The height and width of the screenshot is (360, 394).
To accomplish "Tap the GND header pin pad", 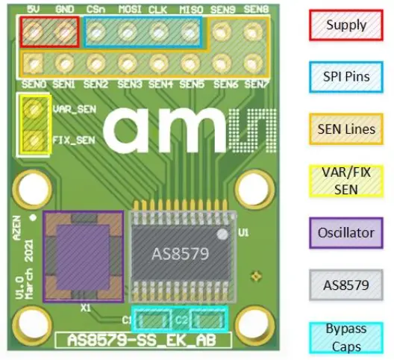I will pos(65,31).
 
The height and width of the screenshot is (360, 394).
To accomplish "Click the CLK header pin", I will pos(158,31).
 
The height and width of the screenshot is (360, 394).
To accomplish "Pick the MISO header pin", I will pos(189,31).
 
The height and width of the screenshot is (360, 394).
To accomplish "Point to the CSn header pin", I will pos(96,31).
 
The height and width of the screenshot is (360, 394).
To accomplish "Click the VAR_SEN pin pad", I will pos(31,109).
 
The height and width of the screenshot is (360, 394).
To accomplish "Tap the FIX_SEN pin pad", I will pos(31,138).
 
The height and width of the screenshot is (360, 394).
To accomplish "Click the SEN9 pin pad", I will pos(222,31).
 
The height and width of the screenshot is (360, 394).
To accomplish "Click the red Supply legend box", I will pos(346,25).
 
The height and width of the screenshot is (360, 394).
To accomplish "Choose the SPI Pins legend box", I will pos(346,77).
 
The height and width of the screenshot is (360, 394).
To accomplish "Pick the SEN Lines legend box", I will pos(346,128).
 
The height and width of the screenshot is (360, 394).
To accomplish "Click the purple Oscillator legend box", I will pos(346,232).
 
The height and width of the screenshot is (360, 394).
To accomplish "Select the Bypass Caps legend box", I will pos(346,336).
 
